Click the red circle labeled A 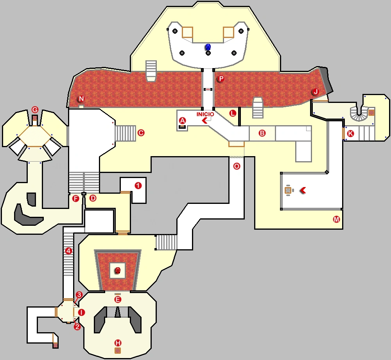pyautogui.click(x=182, y=120)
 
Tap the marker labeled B pyautogui.click(x=262, y=133)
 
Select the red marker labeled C pyautogui.click(x=141, y=133)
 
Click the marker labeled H pyautogui.click(x=118, y=343)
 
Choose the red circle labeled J pyautogui.click(x=315, y=92)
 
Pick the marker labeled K pyautogui.click(x=350, y=133)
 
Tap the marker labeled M pyautogui.click(x=336, y=219)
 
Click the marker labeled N pyautogui.click(x=81, y=99)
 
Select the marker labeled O pyautogui.click(x=237, y=166)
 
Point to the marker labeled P pyautogui.click(x=221, y=79)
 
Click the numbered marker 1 pyautogui.click(x=138, y=185)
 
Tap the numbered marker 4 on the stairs pyautogui.click(x=69, y=251)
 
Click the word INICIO pyautogui.click(x=205, y=114)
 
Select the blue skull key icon pyautogui.click(x=208, y=47)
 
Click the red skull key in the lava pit pyautogui.click(x=118, y=270)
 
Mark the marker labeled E pyautogui.click(x=117, y=299)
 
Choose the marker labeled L pyautogui.click(x=233, y=113)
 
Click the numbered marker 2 pyautogui.click(x=77, y=326)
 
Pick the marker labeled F pyautogui.click(x=75, y=198)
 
